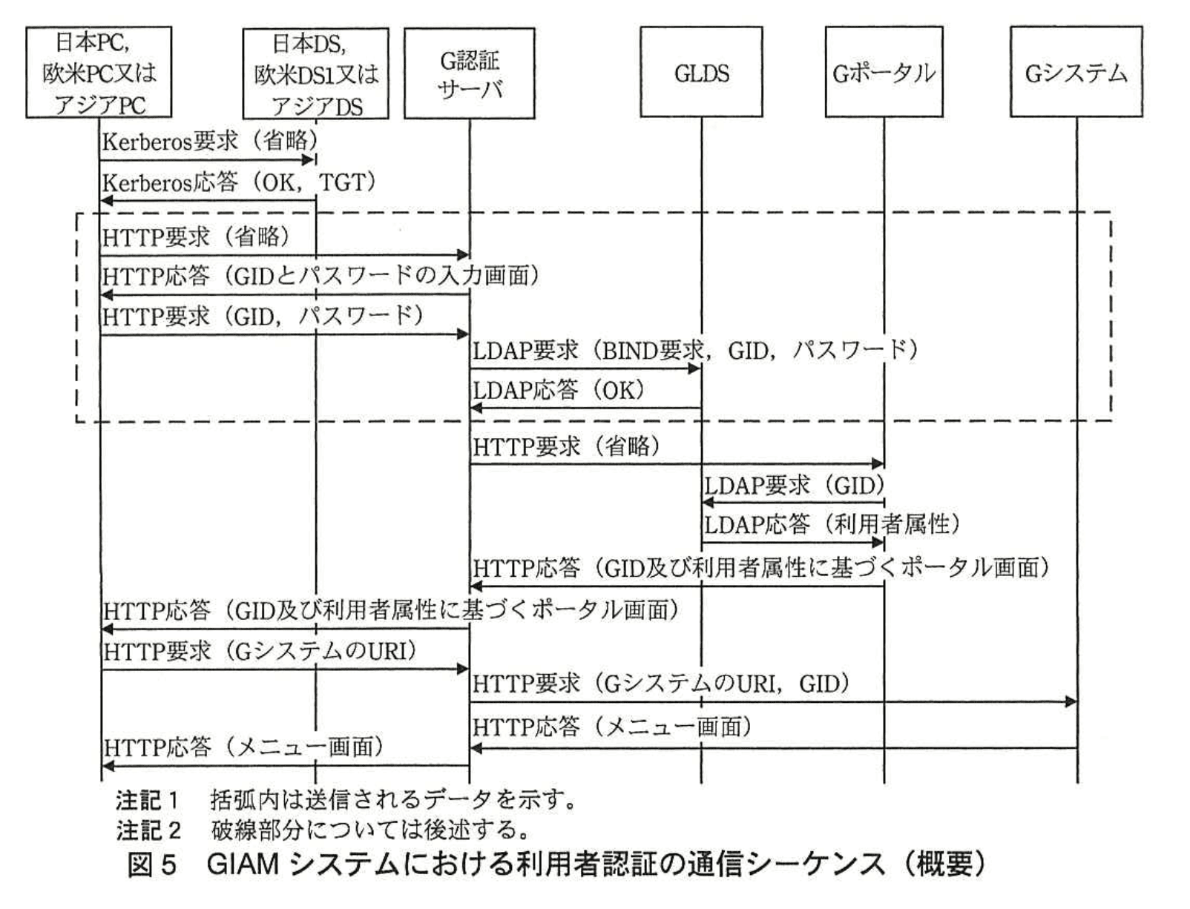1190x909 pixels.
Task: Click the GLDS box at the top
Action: click(700, 73)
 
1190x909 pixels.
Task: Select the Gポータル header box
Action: click(883, 73)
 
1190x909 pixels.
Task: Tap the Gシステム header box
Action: click(1076, 73)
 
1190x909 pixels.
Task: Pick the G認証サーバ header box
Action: click(469, 73)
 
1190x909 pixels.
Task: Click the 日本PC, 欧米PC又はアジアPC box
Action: click(99, 73)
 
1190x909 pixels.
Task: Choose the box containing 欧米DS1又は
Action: click(315, 73)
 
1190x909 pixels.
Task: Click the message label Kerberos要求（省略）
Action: click(210, 141)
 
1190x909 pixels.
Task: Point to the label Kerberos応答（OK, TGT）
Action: click(239, 182)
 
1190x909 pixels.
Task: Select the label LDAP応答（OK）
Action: click(559, 390)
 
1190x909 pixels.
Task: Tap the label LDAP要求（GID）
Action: click(794, 486)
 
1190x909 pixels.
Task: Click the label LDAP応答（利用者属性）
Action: click(831, 525)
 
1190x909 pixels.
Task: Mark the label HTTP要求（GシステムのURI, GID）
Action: click(660, 684)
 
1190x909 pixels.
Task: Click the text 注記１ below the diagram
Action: click(147, 800)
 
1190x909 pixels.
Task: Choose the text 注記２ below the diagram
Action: click(147, 830)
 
